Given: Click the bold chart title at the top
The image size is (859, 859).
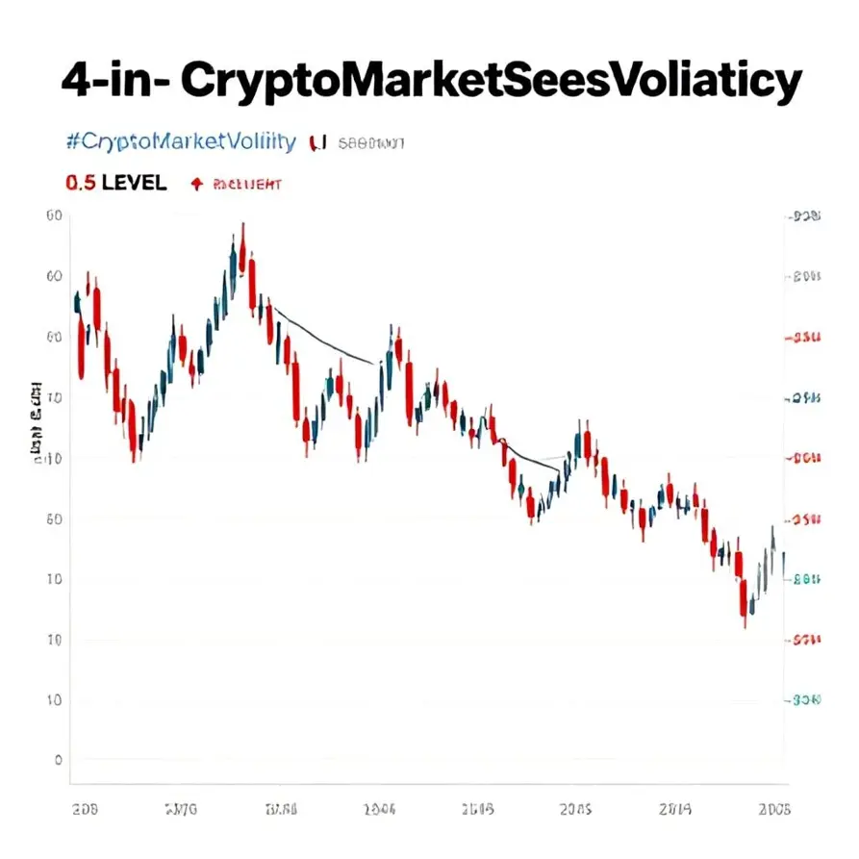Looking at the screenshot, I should click(x=430, y=82).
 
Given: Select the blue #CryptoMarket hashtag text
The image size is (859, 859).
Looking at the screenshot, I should click(x=181, y=142).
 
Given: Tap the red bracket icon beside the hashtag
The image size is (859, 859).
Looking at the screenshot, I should click(x=318, y=143).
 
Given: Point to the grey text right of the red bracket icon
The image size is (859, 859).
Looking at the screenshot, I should click(x=370, y=143).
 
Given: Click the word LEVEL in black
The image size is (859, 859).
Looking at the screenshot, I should click(x=133, y=183).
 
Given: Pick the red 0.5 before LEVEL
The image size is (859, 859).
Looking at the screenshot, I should click(x=80, y=183).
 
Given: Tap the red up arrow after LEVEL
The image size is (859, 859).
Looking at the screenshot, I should click(x=197, y=183).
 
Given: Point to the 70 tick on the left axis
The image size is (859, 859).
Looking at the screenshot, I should click(x=54, y=397).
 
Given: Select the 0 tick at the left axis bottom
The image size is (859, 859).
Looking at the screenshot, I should click(x=58, y=760).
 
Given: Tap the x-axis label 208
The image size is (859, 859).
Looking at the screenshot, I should click(x=86, y=810).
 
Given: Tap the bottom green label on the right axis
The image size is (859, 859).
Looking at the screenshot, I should click(x=806, y=701).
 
